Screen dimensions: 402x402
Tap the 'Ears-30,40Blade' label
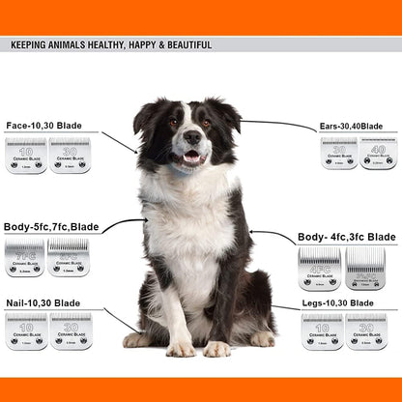click(351, 127)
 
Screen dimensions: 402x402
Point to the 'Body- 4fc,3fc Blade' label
click(346, 237)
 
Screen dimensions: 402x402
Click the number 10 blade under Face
click(25, 156)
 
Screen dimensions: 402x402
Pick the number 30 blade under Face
click(70, 156)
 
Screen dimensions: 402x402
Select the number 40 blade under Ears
click(379, 153)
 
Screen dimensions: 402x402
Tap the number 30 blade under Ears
click(339, 153)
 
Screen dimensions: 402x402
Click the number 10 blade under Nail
click(26, 330)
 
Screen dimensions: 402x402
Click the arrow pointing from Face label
click(119, 143)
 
